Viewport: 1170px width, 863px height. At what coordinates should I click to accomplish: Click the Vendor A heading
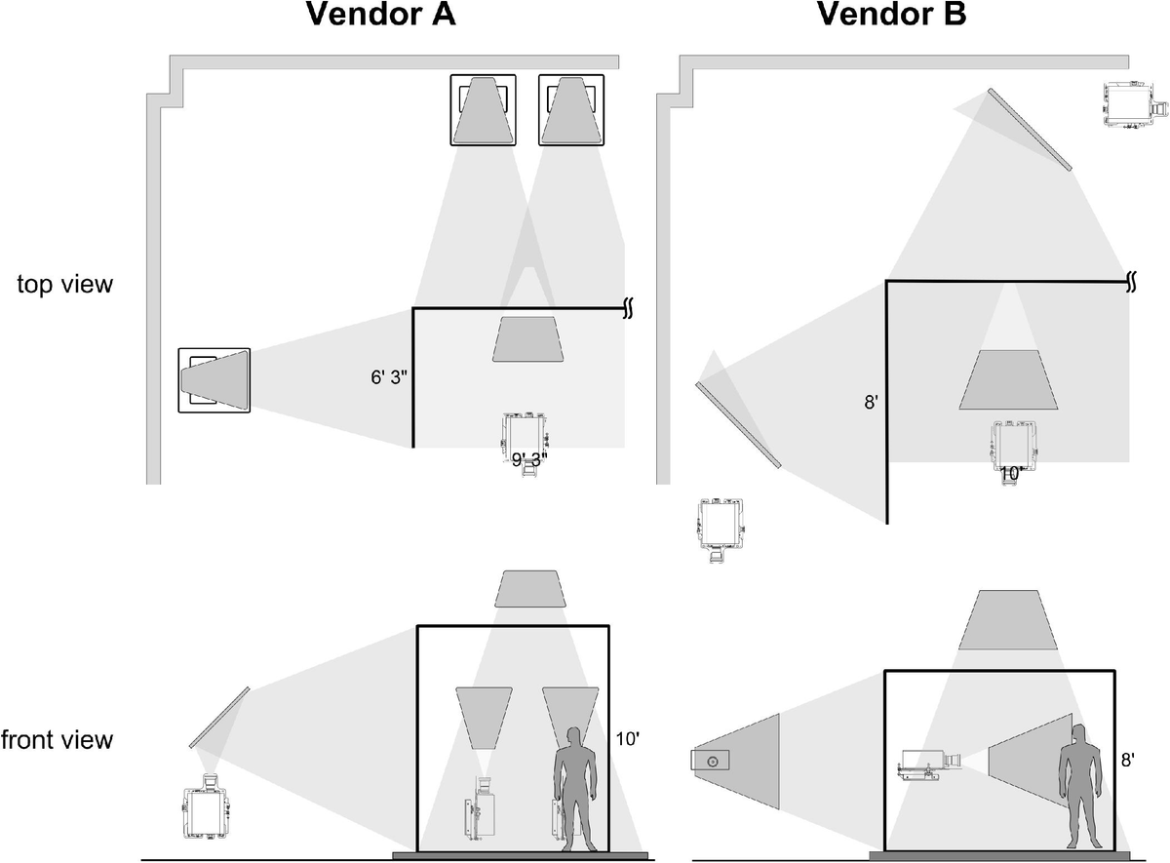coord(380,16)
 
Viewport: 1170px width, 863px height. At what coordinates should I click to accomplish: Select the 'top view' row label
coord(65,285)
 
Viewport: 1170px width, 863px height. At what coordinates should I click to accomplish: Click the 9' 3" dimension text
coord(529,458)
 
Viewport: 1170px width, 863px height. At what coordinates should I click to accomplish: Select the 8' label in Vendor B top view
coord(872,402)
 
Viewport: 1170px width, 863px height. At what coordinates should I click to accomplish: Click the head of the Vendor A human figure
coord(575,738)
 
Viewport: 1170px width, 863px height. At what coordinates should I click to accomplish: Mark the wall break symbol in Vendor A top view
coord(629,309)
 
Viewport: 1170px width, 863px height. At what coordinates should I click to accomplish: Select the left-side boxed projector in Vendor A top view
coord(214,379)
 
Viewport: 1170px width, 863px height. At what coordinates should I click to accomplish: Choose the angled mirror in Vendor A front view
coord(219,718)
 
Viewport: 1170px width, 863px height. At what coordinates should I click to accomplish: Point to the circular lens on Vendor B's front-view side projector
coord(714,761)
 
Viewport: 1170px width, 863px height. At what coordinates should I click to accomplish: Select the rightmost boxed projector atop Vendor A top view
coord(578,109)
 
